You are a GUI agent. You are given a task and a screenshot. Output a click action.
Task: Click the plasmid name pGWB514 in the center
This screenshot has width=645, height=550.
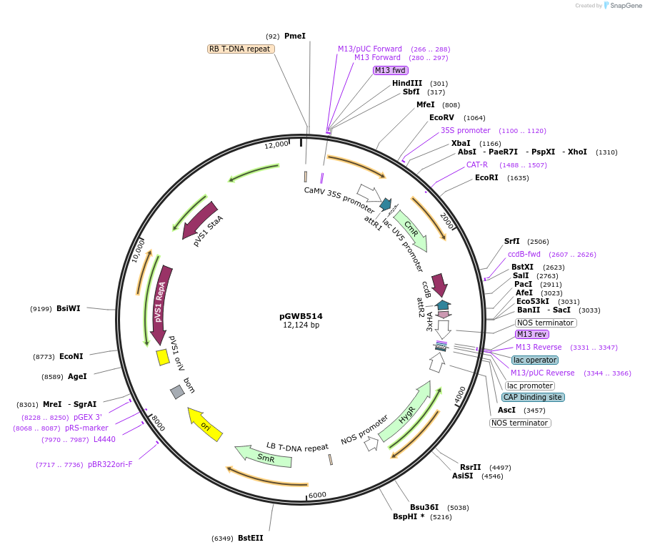[301, 315]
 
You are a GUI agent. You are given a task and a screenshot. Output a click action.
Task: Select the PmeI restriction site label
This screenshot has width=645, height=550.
[294, 36]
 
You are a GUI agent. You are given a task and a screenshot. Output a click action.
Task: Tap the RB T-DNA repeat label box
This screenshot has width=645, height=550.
[239, 49]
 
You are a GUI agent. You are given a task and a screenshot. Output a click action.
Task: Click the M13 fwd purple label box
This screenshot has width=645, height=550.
[390, 70]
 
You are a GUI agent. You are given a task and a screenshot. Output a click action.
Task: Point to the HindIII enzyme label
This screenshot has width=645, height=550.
[407, 83]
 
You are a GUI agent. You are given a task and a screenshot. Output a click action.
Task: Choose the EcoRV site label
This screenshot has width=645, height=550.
[441, 117]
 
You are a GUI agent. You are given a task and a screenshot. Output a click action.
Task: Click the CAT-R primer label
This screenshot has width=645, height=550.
[477, 164]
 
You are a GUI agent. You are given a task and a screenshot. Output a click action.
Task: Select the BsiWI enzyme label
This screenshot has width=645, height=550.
[69, 308]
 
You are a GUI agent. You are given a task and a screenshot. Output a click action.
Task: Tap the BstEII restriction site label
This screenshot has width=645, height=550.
[250, 538]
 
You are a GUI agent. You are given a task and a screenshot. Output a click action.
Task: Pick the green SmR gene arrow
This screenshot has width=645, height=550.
[264, 456]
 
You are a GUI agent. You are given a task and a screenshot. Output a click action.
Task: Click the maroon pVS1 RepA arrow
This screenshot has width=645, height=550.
[162, 300]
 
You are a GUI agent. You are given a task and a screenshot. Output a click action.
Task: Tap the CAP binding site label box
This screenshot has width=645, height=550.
[532, 397]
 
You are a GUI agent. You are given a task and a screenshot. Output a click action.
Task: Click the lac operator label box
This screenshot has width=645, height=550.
[535, 360]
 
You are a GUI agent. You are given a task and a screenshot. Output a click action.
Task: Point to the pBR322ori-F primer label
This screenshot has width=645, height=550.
[110, 464]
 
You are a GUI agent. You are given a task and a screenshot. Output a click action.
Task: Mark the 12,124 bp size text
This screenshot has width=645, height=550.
[301, 325]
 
